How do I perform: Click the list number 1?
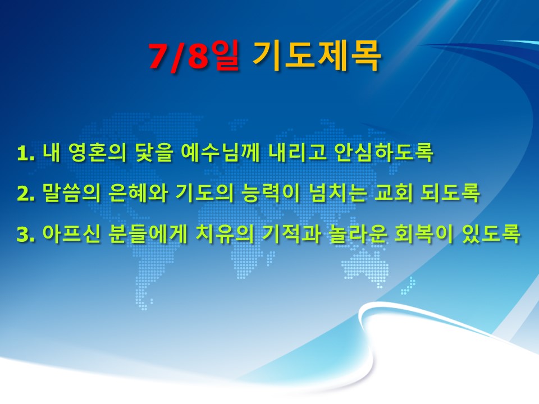[x=26, y=154]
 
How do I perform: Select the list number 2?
[x=26, y=194]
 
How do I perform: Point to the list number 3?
[x=26, y=235]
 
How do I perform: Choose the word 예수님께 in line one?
[x=220, y=153]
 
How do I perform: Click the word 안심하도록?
[x=384, y=153]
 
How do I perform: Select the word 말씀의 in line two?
[x=71, y=194]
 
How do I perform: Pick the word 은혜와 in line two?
[x=138, y=194]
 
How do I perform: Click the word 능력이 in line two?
[x=270, y=194]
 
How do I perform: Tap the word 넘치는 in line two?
[x=337, y=194]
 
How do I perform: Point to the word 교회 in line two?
[x=393, y=194]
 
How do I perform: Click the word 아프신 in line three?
[x=71, y=234]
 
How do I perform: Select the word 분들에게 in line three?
[x=148, y=234]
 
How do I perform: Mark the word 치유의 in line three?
[x=225, y=234]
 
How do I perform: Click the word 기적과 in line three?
[x=291, y=234]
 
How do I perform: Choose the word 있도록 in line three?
[x=491, y=234]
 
